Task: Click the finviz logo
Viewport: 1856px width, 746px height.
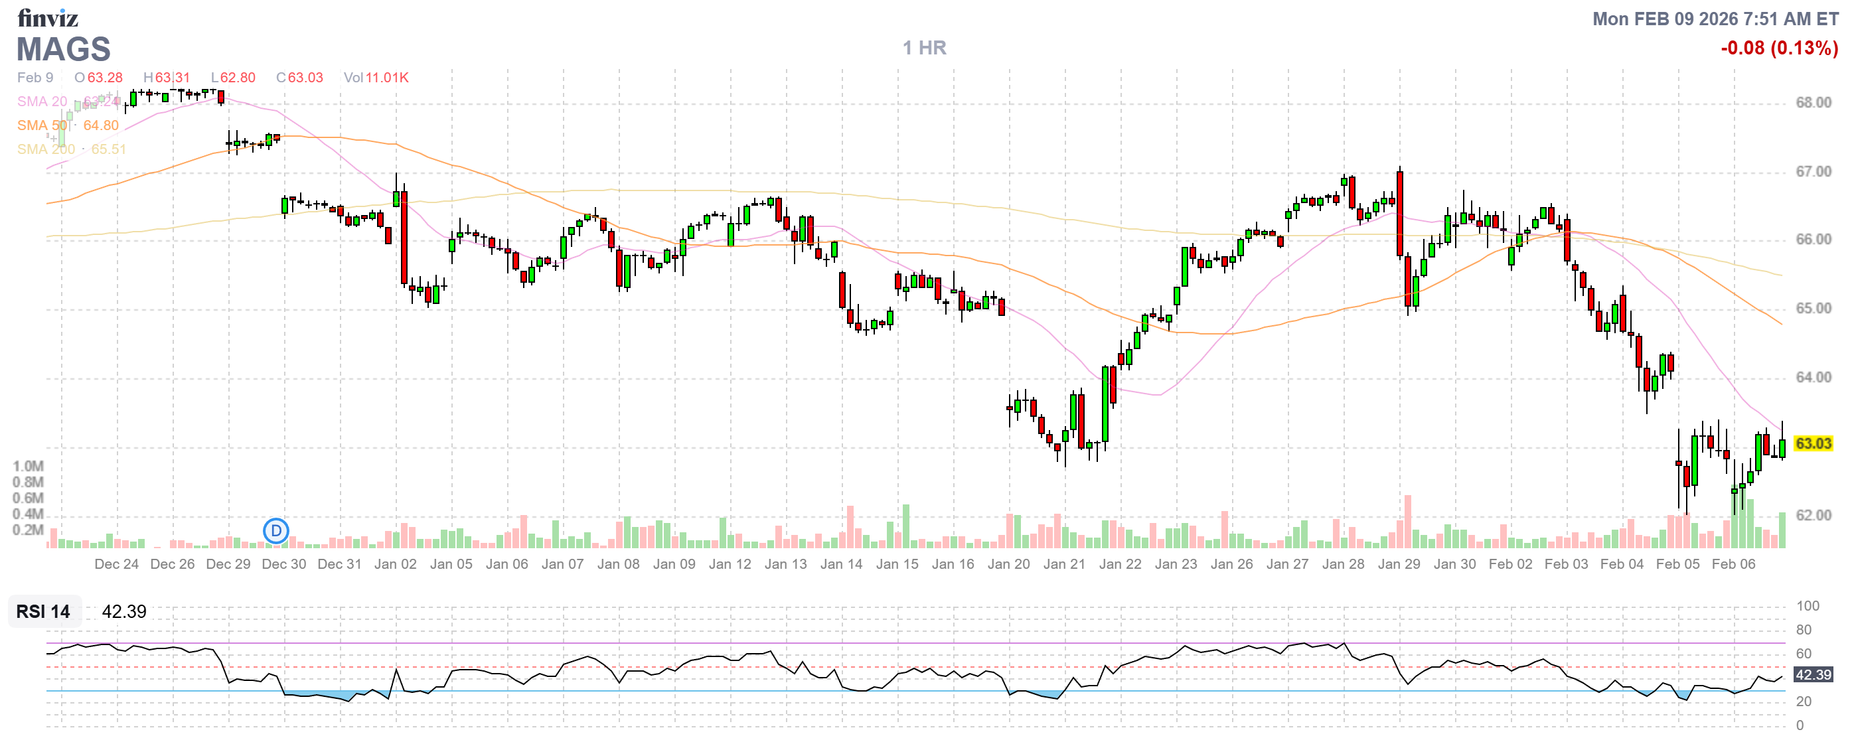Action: point(48,17)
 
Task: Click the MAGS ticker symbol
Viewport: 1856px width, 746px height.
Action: point(64,49)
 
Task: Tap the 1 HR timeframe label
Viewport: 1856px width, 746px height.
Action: point(925,48)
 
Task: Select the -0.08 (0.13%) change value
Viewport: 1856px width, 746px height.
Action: point(1778,48)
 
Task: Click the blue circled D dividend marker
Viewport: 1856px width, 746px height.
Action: point(276,532)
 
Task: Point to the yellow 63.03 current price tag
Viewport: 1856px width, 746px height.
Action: point(1813,443)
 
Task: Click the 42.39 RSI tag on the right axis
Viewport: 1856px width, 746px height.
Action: point(1813,676)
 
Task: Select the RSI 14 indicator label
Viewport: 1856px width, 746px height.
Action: point(43,612)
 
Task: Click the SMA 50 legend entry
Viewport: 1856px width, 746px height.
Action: point(42,125)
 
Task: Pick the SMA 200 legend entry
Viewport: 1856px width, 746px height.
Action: point(46,149)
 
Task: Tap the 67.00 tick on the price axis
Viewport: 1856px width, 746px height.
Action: point(1813,171)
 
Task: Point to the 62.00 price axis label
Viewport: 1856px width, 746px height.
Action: point(1813,516)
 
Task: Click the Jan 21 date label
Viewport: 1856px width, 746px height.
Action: point(1064,565)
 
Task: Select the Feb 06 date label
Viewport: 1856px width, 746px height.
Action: point(1733,565)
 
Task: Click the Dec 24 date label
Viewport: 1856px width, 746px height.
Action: point(117,565)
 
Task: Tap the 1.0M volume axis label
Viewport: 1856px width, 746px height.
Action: point(28,467)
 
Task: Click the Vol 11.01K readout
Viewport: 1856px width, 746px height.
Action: point(376,78)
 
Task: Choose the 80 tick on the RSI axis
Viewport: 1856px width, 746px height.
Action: point(1804,630)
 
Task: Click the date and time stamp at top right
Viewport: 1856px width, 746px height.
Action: point(1715,19)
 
